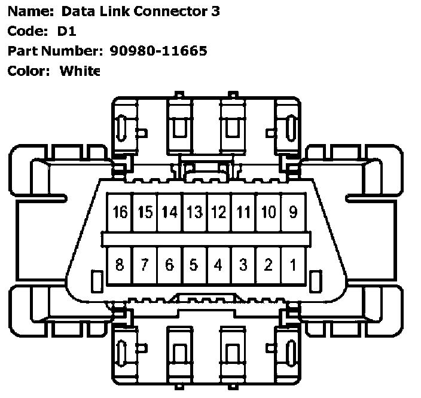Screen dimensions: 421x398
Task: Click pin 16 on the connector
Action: pyautogui.click(x=120, y=212)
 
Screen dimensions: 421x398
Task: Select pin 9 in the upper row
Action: pyautogui.click(x=293, y=212)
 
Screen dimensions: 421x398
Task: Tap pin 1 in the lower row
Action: pyautogui.click(x=293, y=265)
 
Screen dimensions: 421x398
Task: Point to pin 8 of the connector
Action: pyautogui.click(x=120, y=265)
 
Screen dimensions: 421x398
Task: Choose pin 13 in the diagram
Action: pyautogui.click(x=194, y=212)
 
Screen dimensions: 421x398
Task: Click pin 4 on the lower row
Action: pyautogui.click(x=219, y=265)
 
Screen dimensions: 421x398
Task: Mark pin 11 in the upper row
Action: pyautogui.click(x=243, y=212)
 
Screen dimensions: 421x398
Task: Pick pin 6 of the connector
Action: pyautogui.click(x=169, y=265)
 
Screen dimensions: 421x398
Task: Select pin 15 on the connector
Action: pyautogui.click(x=145, y=212)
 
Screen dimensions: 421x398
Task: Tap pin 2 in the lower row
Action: pyautogui.click(x=269, y=265)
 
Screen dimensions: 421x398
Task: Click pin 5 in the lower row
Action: pyautogui.click(x=194, y=265)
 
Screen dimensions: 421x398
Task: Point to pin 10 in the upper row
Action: pyautogui.click(x=269, y=212)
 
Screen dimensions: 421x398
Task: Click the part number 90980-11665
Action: pyautogui.click(x=158, y=51)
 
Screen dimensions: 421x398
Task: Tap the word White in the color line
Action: pyautogui.click(x=80, y=71)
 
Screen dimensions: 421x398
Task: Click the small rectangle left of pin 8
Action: pyautogui.click(x=94, y=280)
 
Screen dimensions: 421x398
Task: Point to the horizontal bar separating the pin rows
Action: pyautogui.click(x=206, y=239)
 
